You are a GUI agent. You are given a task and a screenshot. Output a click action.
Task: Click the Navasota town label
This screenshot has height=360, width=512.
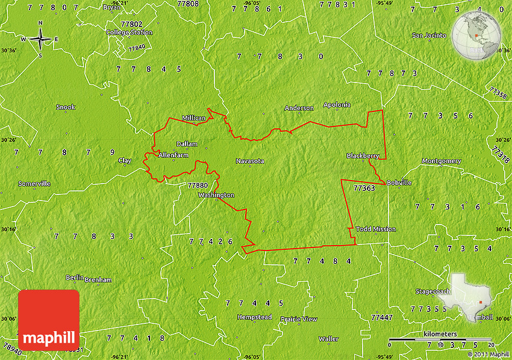pos(250,161)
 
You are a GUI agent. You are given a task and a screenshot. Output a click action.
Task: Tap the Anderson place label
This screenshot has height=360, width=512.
pos(299,108)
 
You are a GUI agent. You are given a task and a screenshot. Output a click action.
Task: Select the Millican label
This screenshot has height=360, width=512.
pos(194,119)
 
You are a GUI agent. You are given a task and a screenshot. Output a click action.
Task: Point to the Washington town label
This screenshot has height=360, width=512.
pos(216,195)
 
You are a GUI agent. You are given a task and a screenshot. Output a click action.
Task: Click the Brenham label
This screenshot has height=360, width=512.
pos(98,280)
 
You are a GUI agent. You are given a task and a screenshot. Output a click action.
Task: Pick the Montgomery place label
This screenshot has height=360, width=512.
pos(441,161)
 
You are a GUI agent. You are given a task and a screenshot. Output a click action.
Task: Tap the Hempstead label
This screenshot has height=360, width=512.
pos(254,317)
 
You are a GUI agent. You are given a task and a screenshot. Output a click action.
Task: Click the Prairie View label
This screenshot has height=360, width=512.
pos(299,319)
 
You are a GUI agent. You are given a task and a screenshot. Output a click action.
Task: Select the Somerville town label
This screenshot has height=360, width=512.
pos(34,184)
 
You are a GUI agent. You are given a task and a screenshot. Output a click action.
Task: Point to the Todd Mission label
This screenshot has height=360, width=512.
pos(376,229)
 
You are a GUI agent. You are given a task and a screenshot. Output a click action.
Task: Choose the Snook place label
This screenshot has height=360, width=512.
pos(66,107)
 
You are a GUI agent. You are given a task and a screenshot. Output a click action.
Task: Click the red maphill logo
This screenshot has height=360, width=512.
pos(49,320)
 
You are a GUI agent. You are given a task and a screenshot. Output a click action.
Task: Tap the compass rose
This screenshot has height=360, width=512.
pos(40,40)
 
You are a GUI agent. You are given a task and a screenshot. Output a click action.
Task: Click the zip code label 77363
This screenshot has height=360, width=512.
pos(364,188)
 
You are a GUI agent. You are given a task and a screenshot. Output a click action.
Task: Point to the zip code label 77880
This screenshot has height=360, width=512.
pos(198,185)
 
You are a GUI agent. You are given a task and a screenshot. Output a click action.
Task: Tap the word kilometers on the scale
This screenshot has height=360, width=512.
pos(440,334)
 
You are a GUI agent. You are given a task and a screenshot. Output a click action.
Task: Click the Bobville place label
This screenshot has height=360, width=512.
pos(399,182)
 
